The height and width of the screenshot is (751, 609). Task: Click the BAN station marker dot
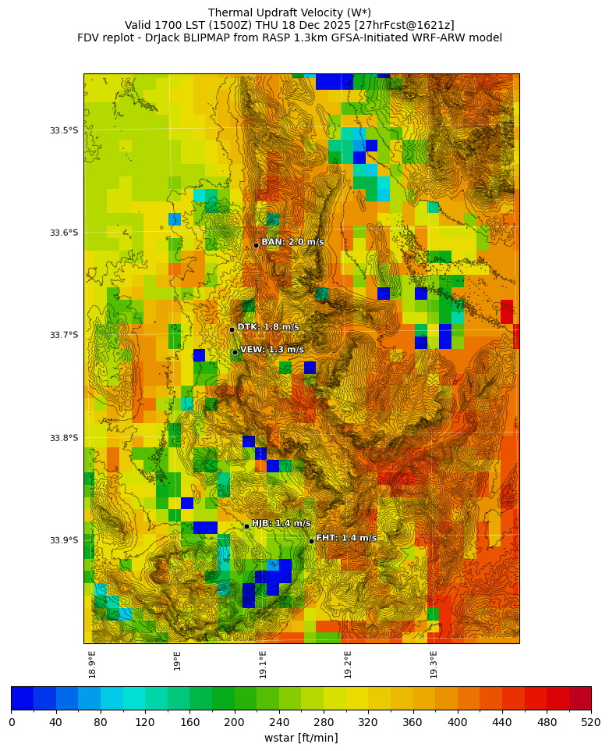click(256, 245)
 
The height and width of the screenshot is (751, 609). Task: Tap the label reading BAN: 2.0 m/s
click(292, 242)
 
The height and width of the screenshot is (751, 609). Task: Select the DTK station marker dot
click(232, 329)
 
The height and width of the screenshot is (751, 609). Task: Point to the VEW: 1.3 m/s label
click(272, 350)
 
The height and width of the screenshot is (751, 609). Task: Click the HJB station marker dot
click(246, 526)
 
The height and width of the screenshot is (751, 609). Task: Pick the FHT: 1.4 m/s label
click(346, 538)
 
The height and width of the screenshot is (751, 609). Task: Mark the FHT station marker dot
click(311, 541)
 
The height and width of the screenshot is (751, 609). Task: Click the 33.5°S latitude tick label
click(64, 130)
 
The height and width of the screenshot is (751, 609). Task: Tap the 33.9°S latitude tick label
click(64, 540)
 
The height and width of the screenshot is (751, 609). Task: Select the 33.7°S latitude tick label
click(64, 335)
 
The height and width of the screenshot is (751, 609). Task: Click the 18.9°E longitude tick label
click(93, 664)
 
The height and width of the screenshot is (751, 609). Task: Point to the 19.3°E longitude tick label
click(434, 664)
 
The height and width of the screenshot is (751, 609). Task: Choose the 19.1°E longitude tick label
click(264, 664)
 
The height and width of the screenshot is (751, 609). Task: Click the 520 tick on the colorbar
click(590, 722)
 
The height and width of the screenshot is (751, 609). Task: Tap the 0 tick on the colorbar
click(12, 722)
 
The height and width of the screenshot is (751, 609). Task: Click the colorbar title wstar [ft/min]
click(301, 738)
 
